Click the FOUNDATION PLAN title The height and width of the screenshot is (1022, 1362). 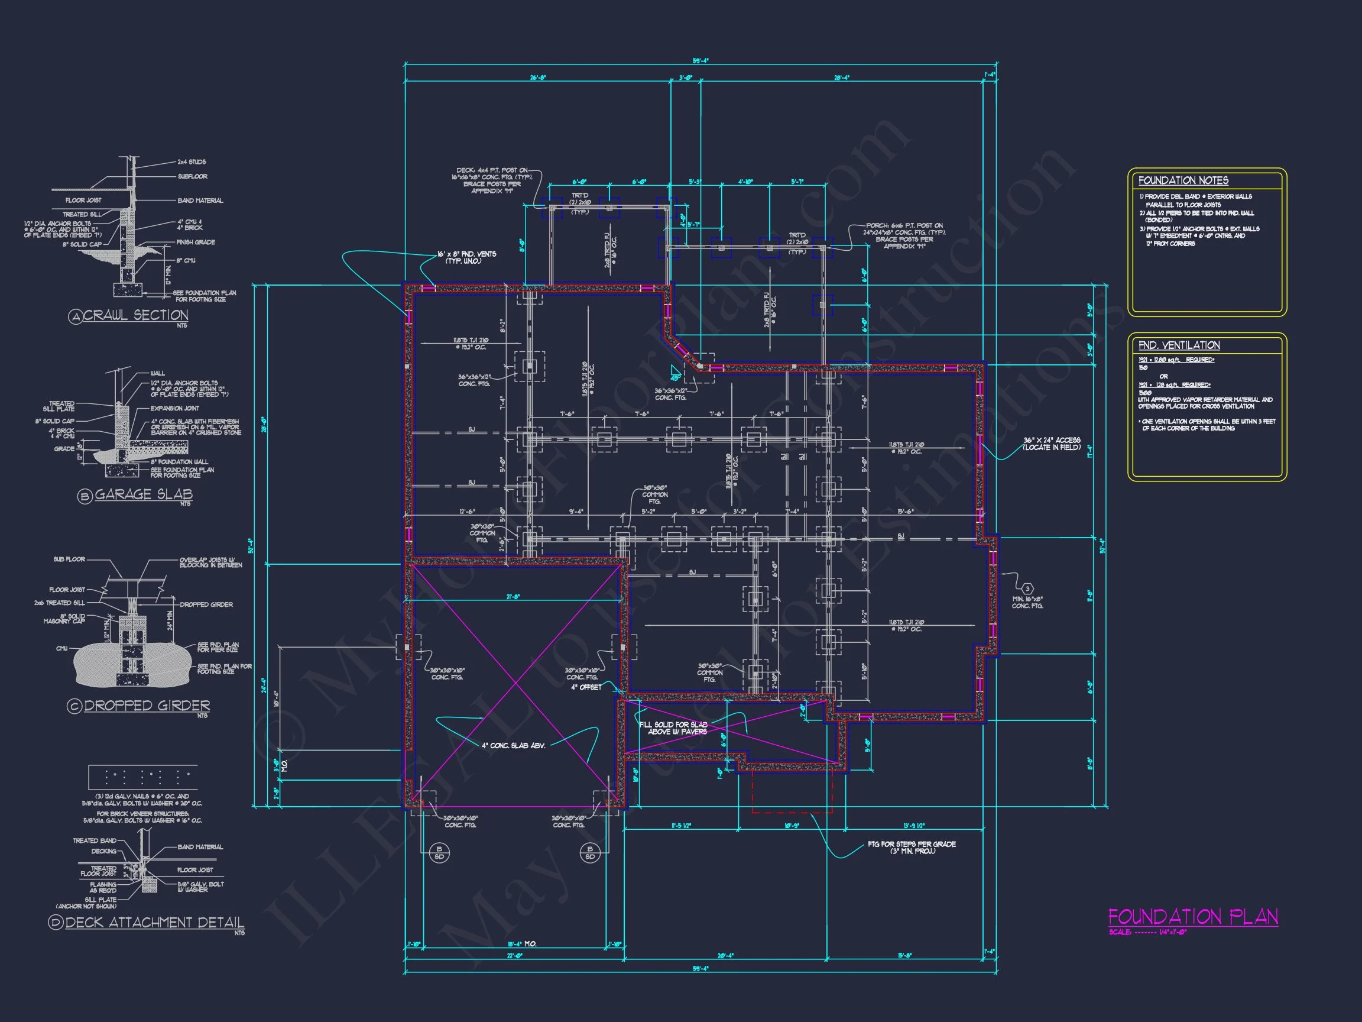pos(1193,917)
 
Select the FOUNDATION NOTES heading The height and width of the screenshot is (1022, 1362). pos(1183,180)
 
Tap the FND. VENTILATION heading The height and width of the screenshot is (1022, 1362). pos(1179,345)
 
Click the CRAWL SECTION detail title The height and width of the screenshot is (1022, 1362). pos(135,315)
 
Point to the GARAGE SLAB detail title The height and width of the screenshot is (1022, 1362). pos(143,494)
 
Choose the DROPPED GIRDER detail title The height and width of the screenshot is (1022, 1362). pos(147,706)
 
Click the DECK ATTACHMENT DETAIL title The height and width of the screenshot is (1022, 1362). pos(154,922)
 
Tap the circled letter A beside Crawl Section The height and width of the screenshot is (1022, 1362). pos(75,316)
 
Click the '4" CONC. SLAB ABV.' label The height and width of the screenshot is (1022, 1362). pos(513,745)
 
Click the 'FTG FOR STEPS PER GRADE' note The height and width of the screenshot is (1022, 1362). pos(912,847)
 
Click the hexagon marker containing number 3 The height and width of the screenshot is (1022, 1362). pos(1027,589)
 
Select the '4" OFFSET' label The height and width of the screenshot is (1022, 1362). pos(586,687)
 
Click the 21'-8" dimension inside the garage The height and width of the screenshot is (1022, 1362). pos(513,596)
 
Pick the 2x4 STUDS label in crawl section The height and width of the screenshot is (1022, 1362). pos(192,162)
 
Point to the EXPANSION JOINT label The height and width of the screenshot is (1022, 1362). pos(175,409)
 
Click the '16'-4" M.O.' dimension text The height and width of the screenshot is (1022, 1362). pos(521,944)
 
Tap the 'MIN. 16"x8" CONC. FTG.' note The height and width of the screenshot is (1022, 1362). pos(1027,603)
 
